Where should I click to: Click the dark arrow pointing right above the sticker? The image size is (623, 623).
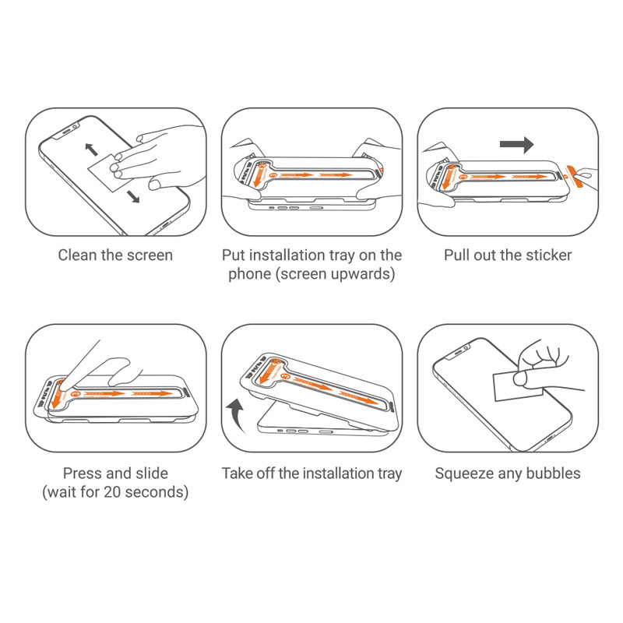516,145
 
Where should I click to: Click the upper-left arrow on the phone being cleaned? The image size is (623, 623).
91,149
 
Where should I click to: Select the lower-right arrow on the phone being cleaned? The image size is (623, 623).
133,196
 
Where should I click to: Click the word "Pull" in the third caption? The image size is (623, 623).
457,255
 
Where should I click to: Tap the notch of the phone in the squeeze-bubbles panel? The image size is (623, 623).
461,352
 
